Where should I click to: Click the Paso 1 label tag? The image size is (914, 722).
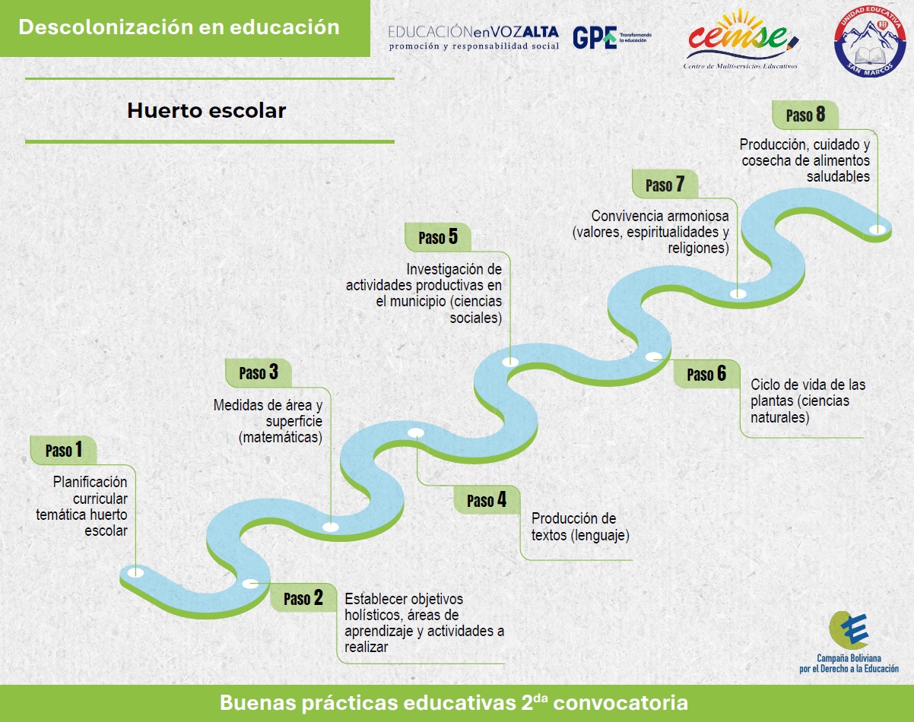[x=64, y=450]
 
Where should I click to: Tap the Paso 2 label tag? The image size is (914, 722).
[x=303, y=597]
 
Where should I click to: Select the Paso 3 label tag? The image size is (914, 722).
[x=259, y=372]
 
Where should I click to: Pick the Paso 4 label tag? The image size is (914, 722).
[x=487, y=500]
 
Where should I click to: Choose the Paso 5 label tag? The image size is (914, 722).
[x=438, y=237]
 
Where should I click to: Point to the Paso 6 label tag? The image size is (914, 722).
[x=706, y=374]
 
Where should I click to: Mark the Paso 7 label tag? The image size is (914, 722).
[x=665, y=184]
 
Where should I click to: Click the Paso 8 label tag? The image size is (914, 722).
[x=805, y=115]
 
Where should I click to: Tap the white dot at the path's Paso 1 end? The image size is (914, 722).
[x=136, y=572]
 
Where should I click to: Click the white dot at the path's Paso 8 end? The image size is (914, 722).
[x=878, y=230]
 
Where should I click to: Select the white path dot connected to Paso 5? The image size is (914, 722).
[x=510, y=362]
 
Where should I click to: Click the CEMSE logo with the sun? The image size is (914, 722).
[x=741, y=39]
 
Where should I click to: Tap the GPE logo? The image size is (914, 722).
[x=611, y=37]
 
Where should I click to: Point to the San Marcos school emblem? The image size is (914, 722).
[x=870, y=41]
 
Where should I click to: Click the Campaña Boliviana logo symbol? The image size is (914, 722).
[x=849, y=630]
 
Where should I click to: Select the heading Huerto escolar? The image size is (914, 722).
[x=206, y=111]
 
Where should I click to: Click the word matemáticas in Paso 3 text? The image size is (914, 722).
[x=281, y=437]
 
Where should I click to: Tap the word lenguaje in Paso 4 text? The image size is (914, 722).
[x=599, y=535]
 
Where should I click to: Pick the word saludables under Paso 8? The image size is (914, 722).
[x=838, y=176]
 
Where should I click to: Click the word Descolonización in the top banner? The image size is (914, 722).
[x=106, y=27]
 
